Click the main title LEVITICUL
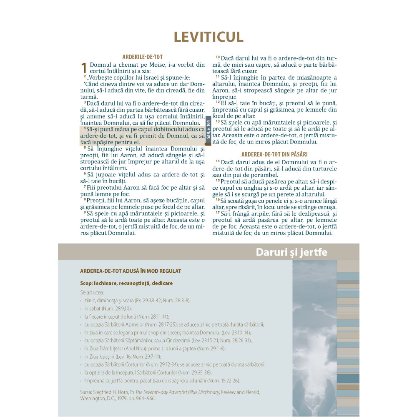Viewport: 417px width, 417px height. [208, 37]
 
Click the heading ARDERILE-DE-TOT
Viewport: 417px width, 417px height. [142, 57]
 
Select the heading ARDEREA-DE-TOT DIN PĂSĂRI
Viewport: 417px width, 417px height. [274, 154]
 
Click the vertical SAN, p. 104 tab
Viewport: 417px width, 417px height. [208, 129]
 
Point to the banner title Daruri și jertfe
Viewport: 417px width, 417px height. [291, 252]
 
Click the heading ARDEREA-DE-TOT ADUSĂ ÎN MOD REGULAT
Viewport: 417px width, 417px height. [131, 271]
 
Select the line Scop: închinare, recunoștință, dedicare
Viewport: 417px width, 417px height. [126, 283]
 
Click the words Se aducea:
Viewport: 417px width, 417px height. [92, 292]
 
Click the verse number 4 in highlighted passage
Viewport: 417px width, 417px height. [85, 128]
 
